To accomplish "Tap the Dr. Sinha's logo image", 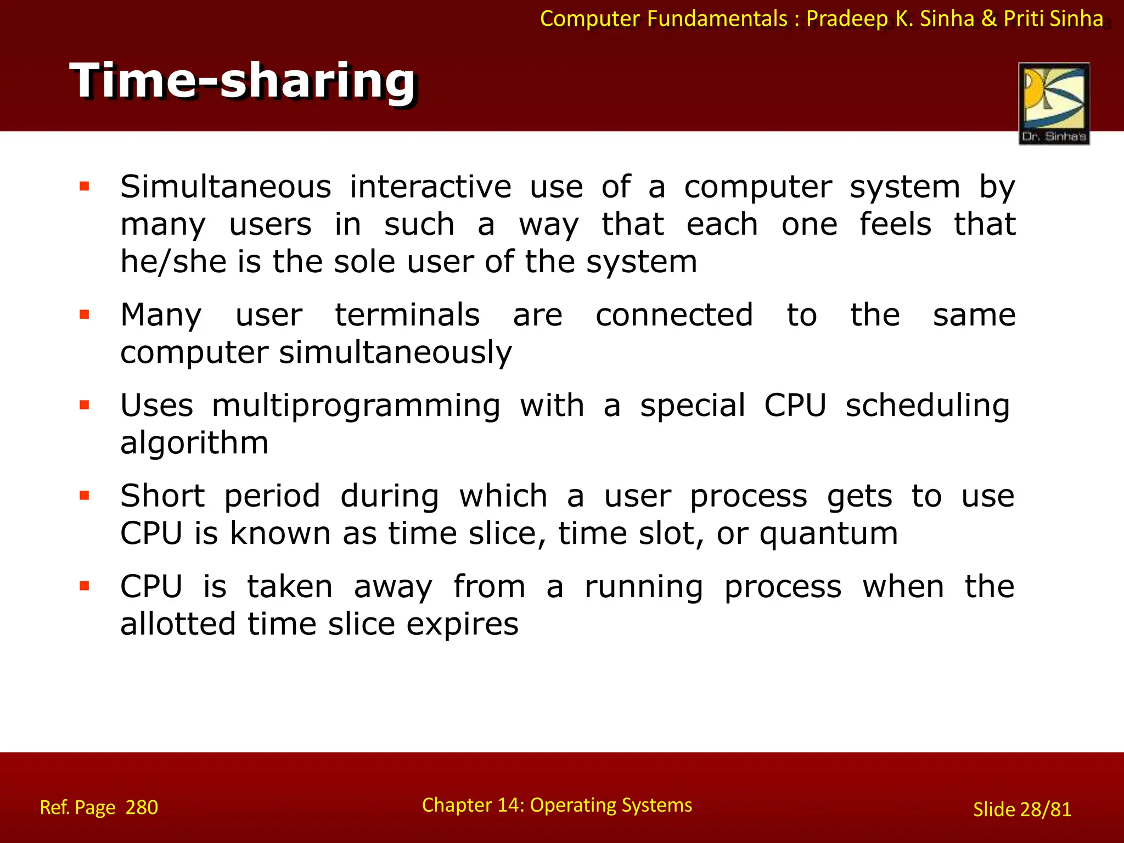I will coord(1054,103).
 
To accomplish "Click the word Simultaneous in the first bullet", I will coord(226,187).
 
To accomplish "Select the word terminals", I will coord(407,315).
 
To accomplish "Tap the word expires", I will coord(462,625).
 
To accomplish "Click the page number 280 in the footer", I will coord(142,807).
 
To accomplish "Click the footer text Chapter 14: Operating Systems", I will coord(557,805).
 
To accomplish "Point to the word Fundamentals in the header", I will coord(717,19).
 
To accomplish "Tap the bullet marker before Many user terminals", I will coord(85,314).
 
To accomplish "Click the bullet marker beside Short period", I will coord(85,496).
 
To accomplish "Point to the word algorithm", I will coord(194,443).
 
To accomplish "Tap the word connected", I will coord(674,315).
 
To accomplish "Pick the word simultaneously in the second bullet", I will coord(395,353).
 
